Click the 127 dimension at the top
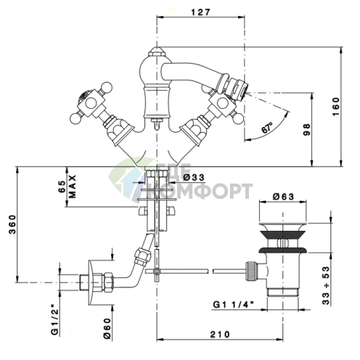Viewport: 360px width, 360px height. coord(201,12)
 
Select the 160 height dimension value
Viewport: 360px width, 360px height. coord(336,107)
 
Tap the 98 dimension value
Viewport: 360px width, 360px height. coord(306,129)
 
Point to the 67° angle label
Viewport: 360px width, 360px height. coord(267,128)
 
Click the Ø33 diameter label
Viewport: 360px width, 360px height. coord(194,177)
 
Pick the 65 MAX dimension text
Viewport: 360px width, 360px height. coord(67,187)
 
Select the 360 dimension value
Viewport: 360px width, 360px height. coord(12,224)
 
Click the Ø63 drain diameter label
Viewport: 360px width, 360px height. coord(283,197)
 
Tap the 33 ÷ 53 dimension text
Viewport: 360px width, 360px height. coord(326,285)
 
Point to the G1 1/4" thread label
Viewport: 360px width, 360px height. coord(233,304)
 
